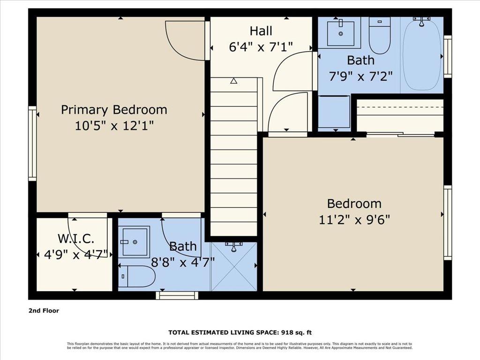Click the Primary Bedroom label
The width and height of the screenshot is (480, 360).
(x=114, y=110)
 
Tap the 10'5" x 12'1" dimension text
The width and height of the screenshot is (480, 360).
(x=114, y=126)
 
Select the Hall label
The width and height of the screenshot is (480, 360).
(x=261, y=31)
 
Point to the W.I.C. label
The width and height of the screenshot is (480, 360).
(x=76, y=239)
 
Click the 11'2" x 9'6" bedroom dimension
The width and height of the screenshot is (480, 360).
(x=354, y=219)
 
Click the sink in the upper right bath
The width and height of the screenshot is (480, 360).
(x=340, y=32)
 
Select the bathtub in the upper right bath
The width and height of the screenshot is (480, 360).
(x=422, y=54)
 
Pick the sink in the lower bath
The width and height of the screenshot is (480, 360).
(x=134, y=241)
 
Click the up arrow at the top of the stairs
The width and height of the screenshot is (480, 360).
(x=233, y=81)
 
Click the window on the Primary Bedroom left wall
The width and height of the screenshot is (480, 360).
(x=32, y=143)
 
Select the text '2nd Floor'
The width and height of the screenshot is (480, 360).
(x=44, y=310)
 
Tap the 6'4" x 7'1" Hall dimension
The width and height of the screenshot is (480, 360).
(x=261, y=47)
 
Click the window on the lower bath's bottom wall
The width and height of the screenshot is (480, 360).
(x=177, y=295)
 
